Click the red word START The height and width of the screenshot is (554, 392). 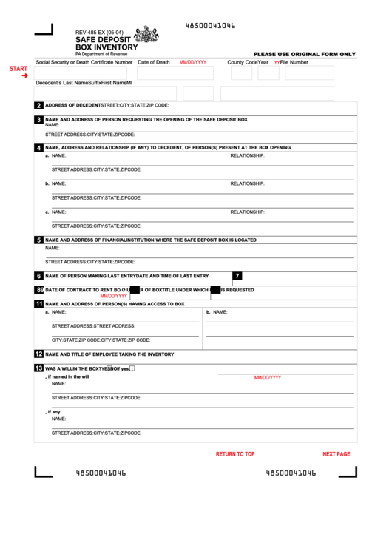click(18, 69)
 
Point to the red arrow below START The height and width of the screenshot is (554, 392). click(24, 76)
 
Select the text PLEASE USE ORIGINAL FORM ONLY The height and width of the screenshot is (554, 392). click(305, 54)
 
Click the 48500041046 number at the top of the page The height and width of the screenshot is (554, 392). click(210, 26)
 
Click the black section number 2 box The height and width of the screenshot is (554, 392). click(38, 105)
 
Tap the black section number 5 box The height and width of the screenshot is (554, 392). click(38, 240)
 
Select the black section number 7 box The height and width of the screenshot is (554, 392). click(237, 276)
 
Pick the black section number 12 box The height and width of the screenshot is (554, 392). click(38, 354)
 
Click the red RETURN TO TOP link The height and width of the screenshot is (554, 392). click(235, 454)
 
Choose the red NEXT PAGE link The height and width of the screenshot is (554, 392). click(337, 454)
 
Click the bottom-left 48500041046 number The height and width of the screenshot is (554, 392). click(101, 473)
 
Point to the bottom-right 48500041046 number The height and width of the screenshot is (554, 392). click(291, 473)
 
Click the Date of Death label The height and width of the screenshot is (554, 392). click(153, 63)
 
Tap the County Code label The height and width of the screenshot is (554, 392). click(242, 63)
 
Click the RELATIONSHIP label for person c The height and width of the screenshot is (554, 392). click(247, 212)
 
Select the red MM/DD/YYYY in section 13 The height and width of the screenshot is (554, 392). click(268, 378)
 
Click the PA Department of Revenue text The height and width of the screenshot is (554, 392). click(101, 54)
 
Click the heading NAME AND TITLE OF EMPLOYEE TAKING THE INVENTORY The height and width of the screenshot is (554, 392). click(109, 354)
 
